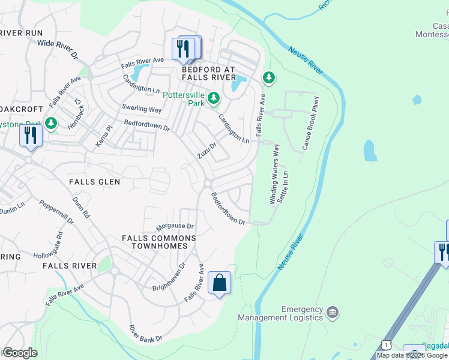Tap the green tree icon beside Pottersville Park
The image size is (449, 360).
[x=213, y=97]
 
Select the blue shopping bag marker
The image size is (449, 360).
[x=219, y=283]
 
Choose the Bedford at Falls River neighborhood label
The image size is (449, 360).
[x=209, y=73]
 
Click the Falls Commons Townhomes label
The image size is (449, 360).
[x=159, y=242]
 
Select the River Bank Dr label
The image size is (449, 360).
[x=146, y=334]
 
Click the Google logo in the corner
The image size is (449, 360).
[x=20, y=353]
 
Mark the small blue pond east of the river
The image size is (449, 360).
[x=370, y=151]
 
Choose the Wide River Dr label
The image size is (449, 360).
[x=58, y=48]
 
